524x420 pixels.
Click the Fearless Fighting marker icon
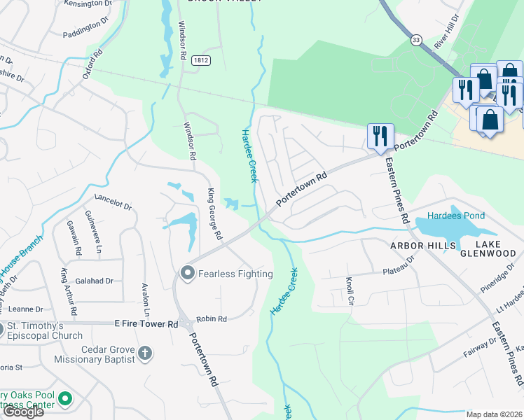click(187, 274)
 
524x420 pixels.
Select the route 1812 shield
click(200, 61)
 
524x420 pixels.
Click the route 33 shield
click(417, 40)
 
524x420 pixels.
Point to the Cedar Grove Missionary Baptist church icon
click(145, 353)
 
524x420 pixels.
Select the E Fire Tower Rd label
click(145, 324)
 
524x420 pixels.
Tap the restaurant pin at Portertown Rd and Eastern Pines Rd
click(380, 136)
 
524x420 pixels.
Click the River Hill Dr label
click(446, 31)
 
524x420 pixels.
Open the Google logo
click(23, 412)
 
